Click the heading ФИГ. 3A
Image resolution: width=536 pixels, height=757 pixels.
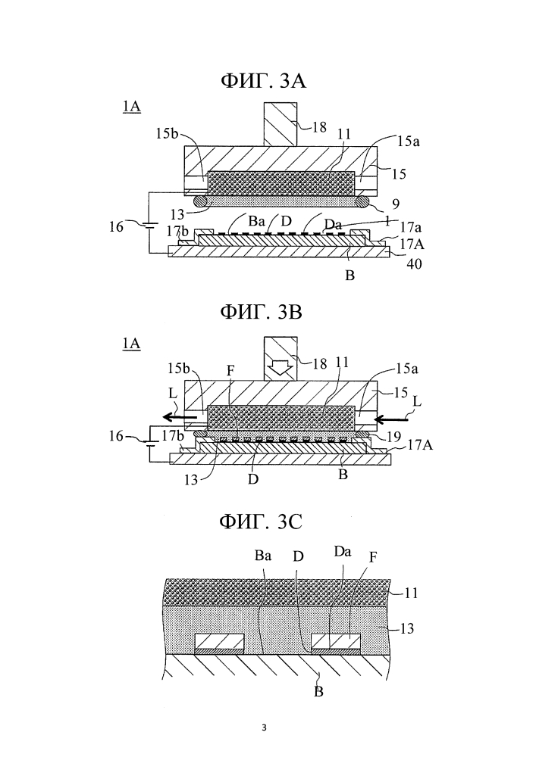pos(268,81)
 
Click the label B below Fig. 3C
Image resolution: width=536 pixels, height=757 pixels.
pos(318,690)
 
